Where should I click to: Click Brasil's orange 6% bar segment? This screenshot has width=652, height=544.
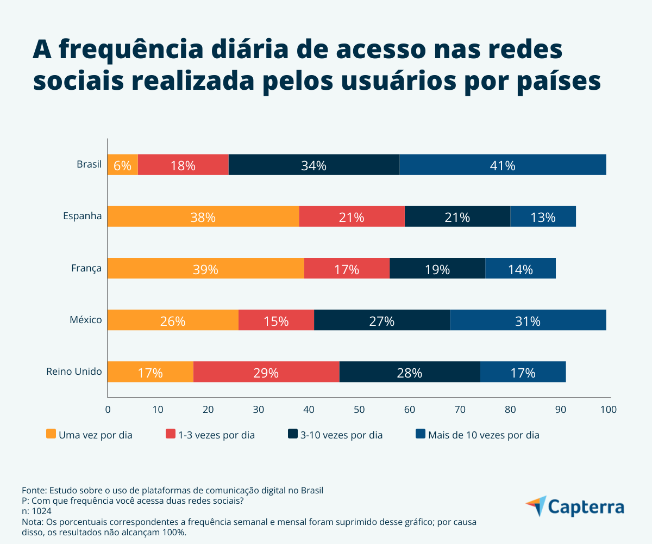coord(122,165)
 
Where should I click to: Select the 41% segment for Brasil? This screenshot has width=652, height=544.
coord(503,165)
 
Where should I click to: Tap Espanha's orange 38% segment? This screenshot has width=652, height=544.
coord(203,217)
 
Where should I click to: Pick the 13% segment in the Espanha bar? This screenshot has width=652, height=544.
coord(543,217)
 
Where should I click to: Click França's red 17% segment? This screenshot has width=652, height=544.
coord(347,268)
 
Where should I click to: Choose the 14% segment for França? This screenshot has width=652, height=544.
coord(520,268)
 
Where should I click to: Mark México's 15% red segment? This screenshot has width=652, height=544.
coord(276,320)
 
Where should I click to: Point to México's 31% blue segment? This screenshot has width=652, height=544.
coord(528,320)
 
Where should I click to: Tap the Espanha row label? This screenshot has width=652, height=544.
coord(83,216)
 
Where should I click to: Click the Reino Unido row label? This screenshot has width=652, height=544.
coord(74,372)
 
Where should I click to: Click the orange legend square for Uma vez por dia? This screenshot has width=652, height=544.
coord(51,434)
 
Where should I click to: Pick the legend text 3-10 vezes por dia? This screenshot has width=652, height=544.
coord(341,435)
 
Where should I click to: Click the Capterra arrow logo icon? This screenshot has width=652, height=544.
coord(536,506)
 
